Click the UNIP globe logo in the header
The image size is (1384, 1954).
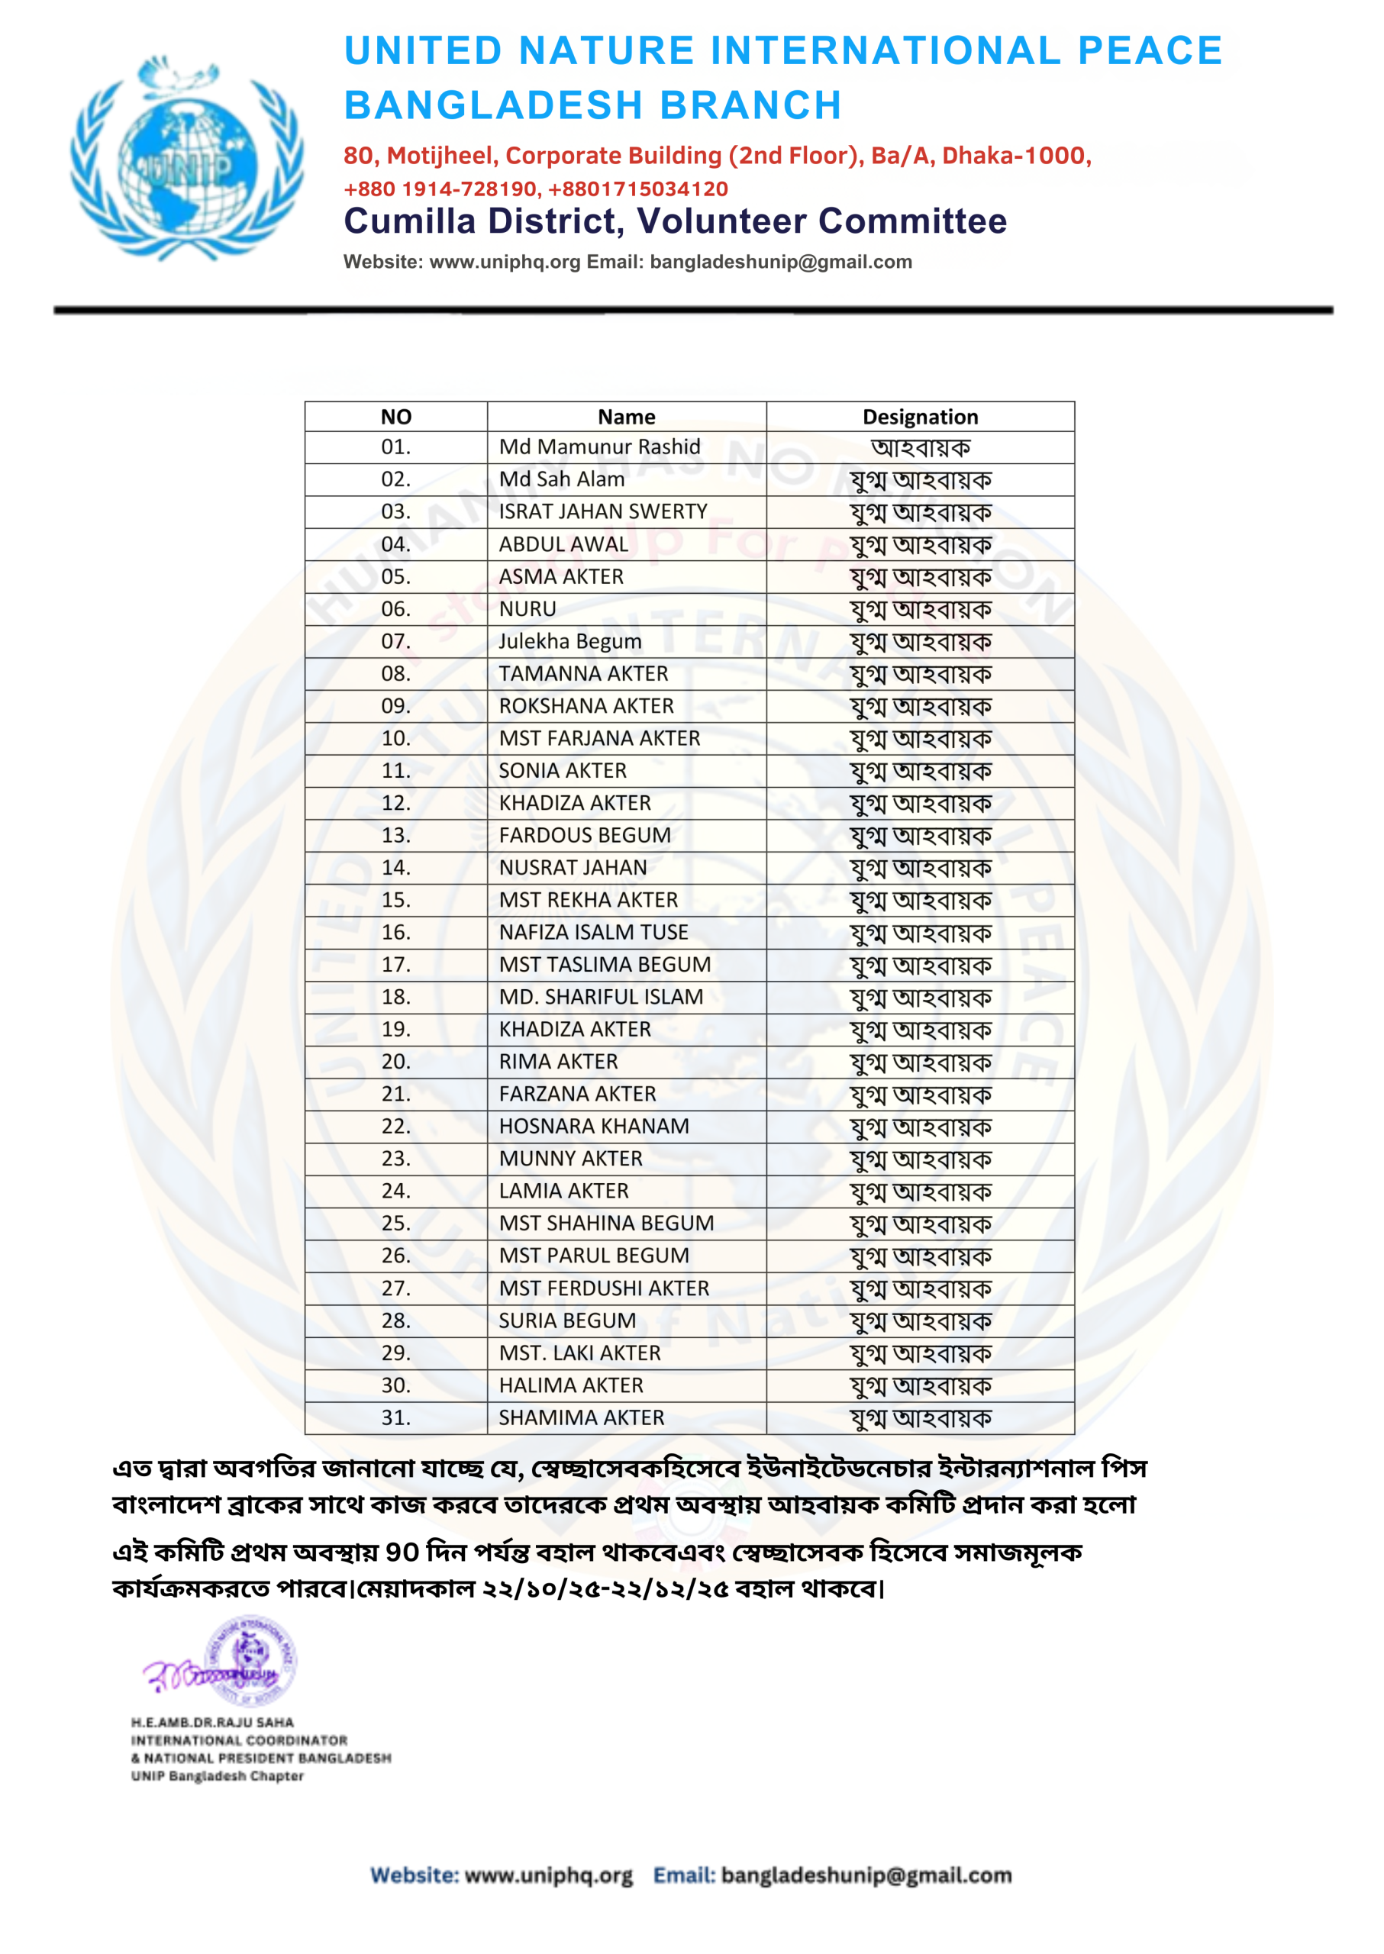(186, 160)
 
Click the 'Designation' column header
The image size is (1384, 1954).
(920, 417)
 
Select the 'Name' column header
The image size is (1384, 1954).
(627, 417)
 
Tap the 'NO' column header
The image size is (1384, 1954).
(395, 417)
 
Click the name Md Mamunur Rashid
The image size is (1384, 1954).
(599, 447)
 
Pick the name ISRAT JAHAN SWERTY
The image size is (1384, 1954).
(602, 511)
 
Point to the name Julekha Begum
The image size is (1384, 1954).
(570, 641)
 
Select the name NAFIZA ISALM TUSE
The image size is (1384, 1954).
(593, 932)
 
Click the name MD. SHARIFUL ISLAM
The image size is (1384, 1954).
(601, 997)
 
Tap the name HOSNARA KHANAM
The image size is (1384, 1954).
(594, 1127)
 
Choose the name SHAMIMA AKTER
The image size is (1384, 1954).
(581, 1417)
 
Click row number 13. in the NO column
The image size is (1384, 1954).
(395, 835)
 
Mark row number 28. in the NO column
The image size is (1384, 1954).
(395, 1320)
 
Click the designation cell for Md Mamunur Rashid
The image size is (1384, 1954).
(920, 447)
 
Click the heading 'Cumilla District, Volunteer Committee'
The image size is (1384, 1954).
(675, 221)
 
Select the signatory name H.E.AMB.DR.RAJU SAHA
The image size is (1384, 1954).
(212, 1722)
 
